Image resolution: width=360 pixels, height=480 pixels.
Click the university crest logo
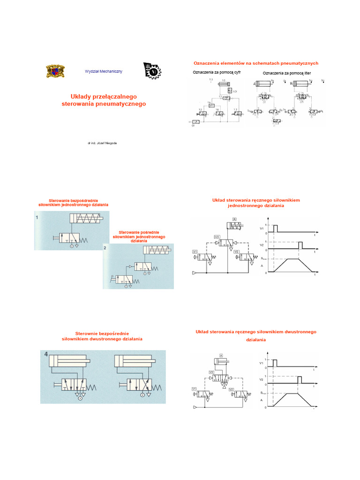(55, 71)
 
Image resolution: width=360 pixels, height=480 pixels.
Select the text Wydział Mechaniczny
(104, 71)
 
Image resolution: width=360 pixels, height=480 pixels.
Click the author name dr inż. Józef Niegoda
(103, 142)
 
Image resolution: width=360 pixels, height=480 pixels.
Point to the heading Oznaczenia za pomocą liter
(287, 73)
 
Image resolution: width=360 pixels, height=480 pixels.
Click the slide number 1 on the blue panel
(37, 217)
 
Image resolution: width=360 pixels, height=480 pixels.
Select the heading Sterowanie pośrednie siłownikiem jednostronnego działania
(139, 236)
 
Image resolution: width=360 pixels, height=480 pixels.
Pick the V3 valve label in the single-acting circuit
(217, 237)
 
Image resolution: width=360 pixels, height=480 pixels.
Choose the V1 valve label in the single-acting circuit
(195, 252)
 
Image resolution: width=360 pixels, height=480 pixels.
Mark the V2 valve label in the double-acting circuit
(231, 389)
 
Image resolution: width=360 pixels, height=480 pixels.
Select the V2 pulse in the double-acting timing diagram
(300, 379)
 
